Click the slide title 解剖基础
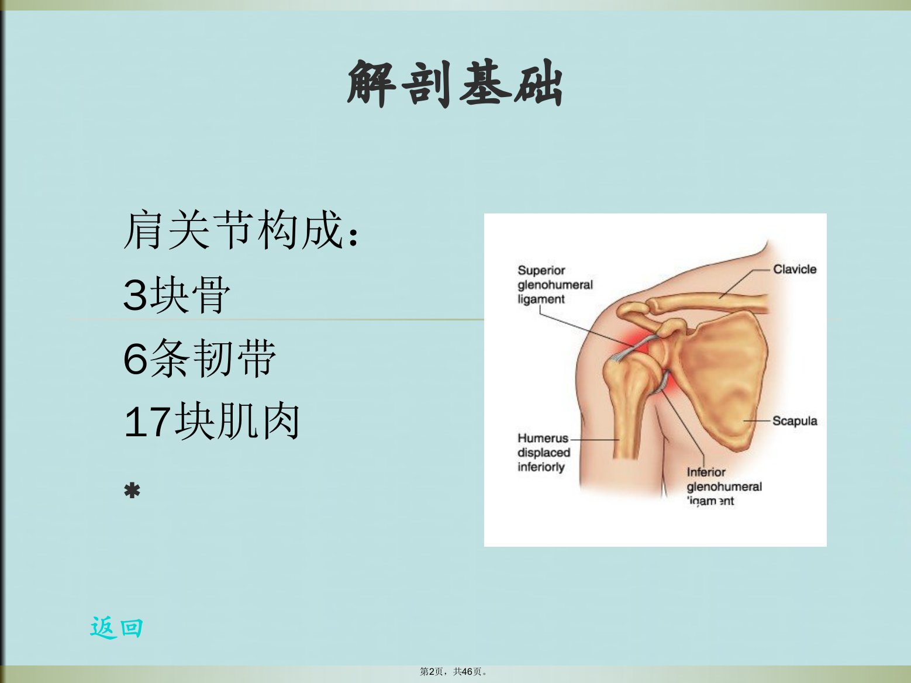(x=455, y=84)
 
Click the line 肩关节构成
(x=241, y=230)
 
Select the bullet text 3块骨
(x=177, y=294)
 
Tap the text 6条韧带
(x=199, y=358)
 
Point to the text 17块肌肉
(x=212, y=422)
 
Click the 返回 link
(x=116, y=628)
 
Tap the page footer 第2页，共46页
(x=454, y=671)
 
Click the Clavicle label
(x=795, y=270)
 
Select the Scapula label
(x=795, y=421)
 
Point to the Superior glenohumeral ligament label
(x=555, y=285)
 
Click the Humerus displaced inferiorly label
(x=544, y=452)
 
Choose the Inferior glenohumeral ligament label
(x=724, y=487)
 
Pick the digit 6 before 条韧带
(x=135, y=358)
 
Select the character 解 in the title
(x=371, y=84)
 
